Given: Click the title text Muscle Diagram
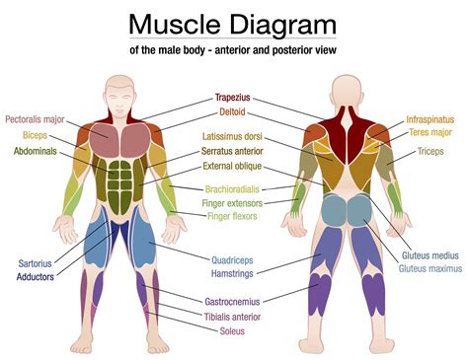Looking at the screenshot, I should pos(233,24).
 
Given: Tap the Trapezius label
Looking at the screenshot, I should pos(234,99).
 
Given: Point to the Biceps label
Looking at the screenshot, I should pos(34,135).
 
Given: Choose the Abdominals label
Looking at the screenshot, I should pos(39,152).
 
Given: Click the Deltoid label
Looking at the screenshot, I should pos(234,112).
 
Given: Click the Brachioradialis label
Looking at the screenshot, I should pos(234,188).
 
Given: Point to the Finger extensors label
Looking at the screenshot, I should pos(234,203).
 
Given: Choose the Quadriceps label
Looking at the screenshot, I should pos(234,260).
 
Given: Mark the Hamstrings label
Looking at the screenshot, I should pos(234,273).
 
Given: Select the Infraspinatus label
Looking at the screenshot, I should pos(430,119).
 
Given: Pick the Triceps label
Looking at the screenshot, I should pos(429,153).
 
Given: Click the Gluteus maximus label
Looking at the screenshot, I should pos(429,268).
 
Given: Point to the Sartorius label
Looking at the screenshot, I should pos(35,263).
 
